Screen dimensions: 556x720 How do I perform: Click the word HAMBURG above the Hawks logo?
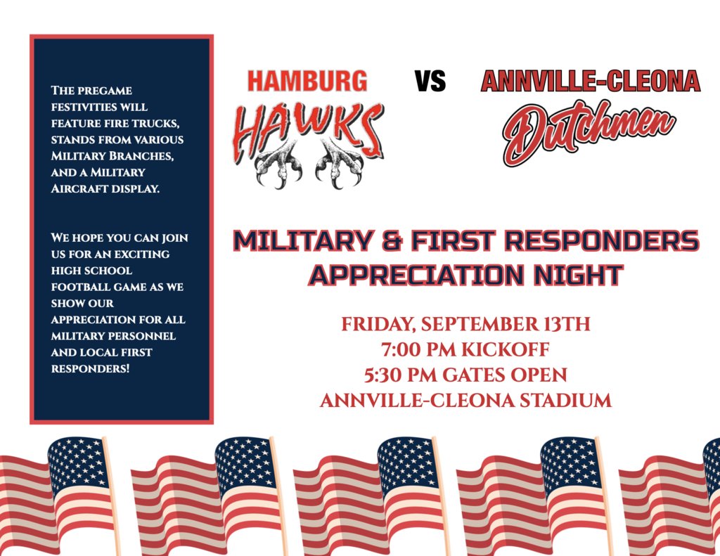307,82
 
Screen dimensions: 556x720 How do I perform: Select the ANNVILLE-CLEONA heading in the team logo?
591,82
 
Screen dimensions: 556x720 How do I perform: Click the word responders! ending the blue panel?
90,368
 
